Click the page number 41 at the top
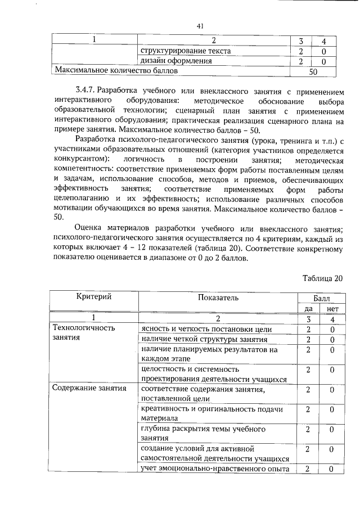pos(199,25)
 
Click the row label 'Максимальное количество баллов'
pos(116,71)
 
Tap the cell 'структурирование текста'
pos(185,51)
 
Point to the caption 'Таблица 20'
pos(322,278)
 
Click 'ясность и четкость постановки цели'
pos(206,329)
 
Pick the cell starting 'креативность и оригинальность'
pos(211,413)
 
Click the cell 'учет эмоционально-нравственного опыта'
pos(215,469)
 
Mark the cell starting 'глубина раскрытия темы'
pos(203,434)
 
